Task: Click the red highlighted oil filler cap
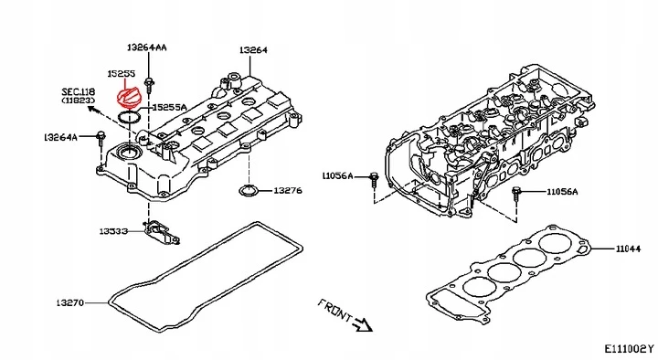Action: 128,99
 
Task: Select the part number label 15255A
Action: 169,108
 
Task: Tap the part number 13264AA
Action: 146,48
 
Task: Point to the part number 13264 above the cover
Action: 253,50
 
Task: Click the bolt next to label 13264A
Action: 101,138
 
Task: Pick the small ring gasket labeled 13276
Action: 248,190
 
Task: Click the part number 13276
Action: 288,190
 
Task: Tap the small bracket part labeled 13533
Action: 162,233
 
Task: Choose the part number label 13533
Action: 113,231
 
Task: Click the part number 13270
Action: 70,302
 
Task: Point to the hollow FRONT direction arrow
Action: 363,324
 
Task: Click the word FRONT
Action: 334,310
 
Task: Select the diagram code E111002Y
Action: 629,348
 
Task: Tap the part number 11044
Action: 628,249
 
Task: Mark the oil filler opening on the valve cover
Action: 128,153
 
